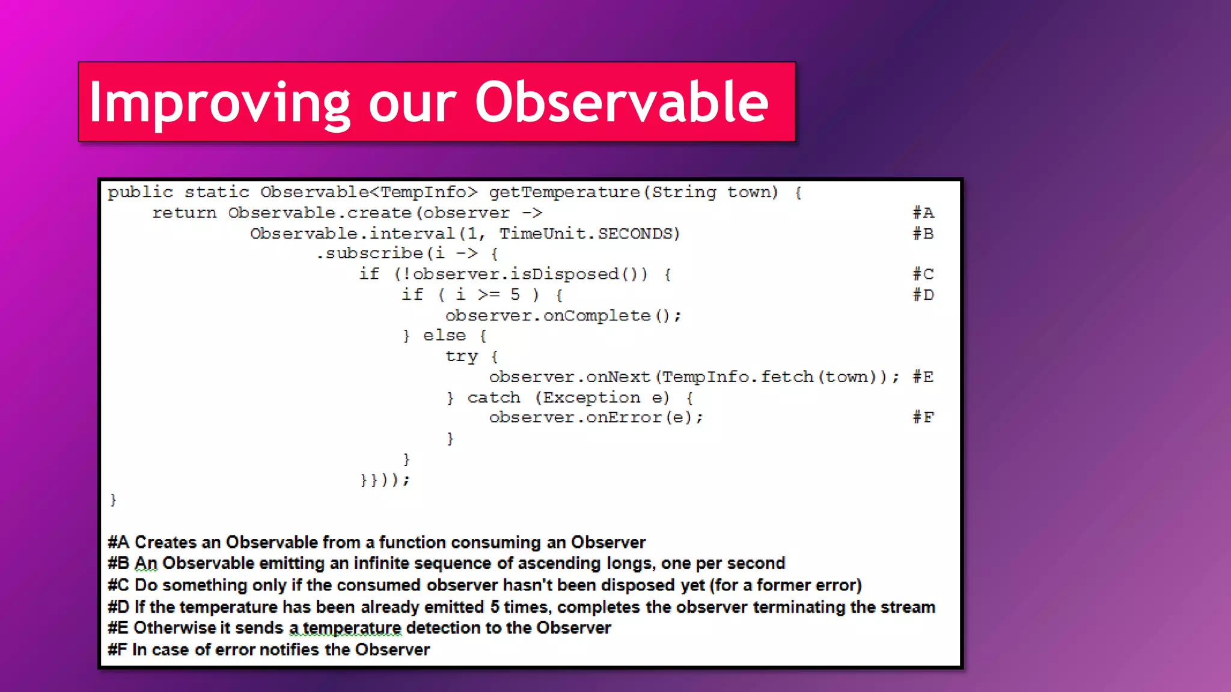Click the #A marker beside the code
coord(923,213)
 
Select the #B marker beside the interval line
coord(923,234)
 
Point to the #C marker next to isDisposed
coord(923,275)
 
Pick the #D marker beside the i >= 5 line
coord(923,295)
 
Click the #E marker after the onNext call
coord(923,377)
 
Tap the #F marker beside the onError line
coord(923,417)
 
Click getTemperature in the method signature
coord(564,192)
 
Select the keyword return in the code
coord(184,213)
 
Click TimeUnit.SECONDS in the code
coord(589,234)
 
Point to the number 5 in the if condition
coord(515,295)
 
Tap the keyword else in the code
coord(444,336)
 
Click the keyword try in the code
coord(461,357)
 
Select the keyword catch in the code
coord(493,398)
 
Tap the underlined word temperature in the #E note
coord(352,628)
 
